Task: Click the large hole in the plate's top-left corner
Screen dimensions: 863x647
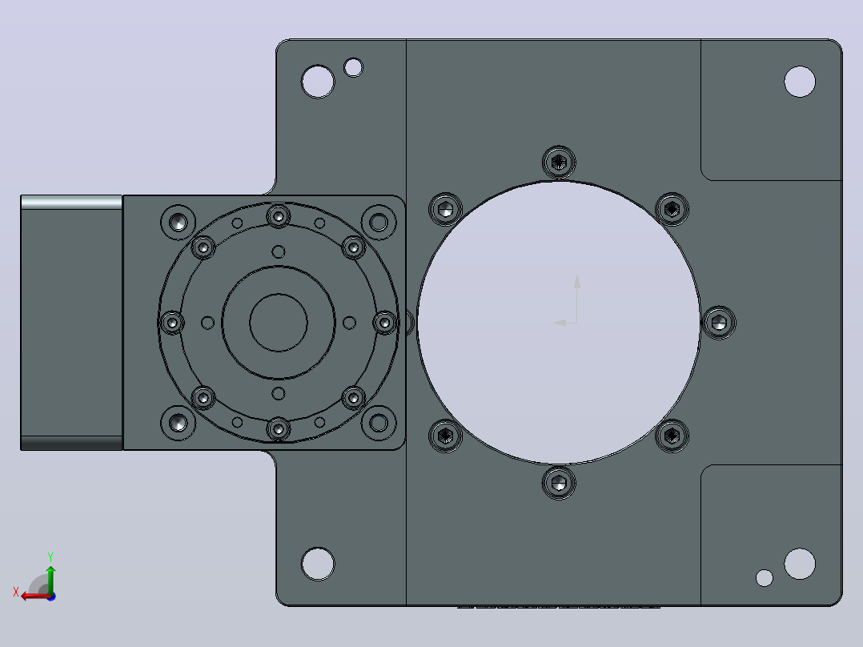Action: tap(318, 82)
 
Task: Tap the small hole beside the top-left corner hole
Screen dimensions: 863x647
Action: tap(353, 68)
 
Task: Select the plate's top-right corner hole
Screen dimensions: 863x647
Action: tap(799, 82)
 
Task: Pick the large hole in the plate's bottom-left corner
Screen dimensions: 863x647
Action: tap(318, 564)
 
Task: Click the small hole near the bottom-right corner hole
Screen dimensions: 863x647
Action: tap(764, 577)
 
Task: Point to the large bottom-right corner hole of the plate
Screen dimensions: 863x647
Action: tap(799, 564)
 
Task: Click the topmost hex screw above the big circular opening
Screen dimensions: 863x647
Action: tap(559, 162)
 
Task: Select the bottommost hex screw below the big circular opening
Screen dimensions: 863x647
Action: tap(559, 483)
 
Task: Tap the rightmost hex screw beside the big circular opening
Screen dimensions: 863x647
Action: tap(719, 323)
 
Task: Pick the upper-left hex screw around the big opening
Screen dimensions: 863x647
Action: tap(445, 209)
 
